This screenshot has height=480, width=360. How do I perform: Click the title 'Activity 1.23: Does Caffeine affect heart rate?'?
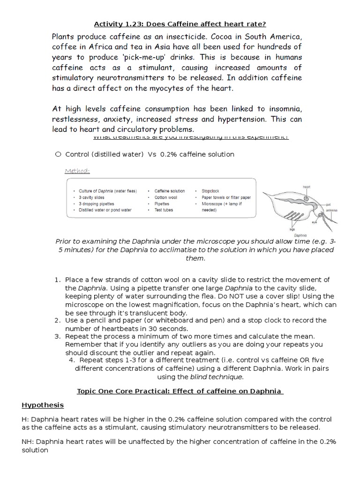point(180,24)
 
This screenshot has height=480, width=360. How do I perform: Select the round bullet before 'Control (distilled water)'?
point(58,154)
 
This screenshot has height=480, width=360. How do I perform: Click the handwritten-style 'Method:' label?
point(77,171)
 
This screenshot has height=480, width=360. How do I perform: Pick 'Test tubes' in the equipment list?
point(164,210)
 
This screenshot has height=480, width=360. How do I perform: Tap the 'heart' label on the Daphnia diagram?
point(307,187)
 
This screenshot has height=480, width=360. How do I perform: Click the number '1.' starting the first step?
point(58,280)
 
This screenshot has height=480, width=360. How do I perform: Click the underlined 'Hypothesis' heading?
point(43,405)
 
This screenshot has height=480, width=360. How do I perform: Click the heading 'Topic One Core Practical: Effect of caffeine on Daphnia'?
point(180,391)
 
